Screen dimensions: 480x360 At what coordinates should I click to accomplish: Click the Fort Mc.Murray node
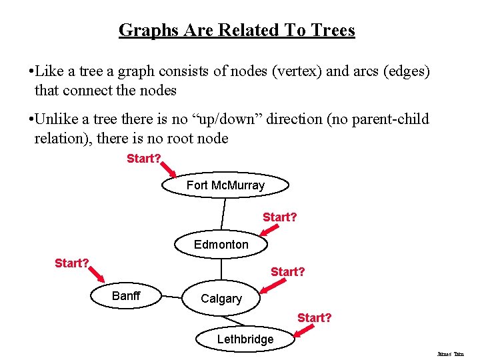point(225,185)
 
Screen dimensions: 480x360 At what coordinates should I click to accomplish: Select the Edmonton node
point(221,245)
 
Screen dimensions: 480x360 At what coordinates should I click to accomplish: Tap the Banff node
point(126,296)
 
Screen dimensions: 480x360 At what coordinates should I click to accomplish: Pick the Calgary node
point(221,299)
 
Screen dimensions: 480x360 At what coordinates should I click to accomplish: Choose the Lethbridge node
point(245,339)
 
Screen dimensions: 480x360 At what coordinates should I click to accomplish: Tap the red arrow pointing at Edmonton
point(269,229)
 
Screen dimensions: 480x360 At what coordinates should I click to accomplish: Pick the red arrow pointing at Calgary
point(271,285)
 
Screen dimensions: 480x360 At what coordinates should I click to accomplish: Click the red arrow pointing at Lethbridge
point(306,330)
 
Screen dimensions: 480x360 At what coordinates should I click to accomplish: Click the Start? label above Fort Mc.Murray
point(144,159)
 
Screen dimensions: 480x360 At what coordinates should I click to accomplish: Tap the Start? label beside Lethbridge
point(314,318)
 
